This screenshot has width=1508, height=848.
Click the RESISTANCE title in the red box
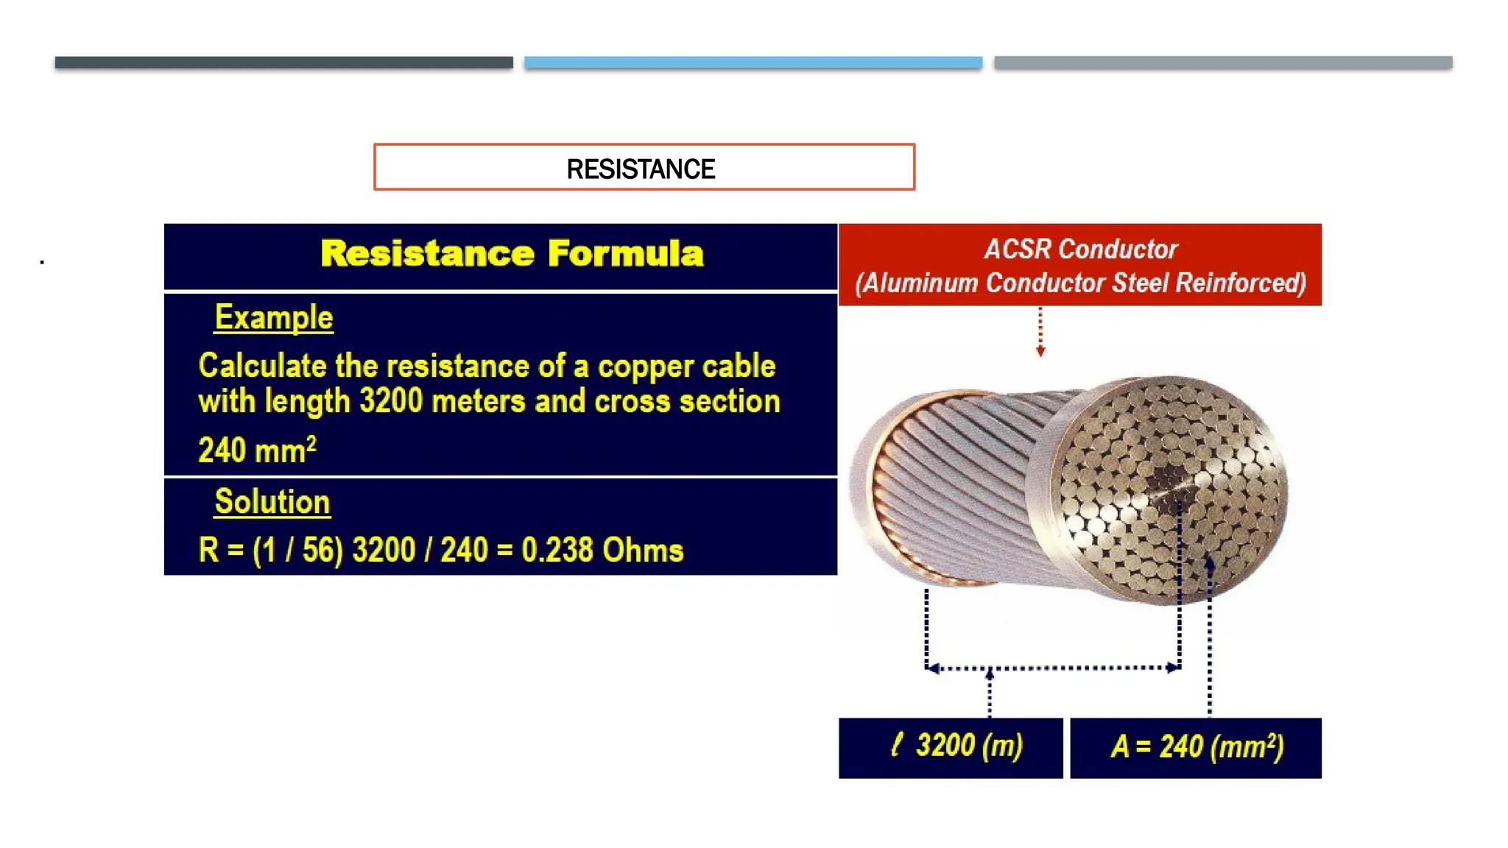[641, 169]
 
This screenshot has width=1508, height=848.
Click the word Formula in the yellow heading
[625, 254]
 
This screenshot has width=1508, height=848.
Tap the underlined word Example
[273, 318]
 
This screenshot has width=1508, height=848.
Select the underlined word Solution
[272, 502]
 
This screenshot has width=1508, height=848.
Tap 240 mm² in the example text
[257, 450]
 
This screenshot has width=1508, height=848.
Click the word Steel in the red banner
[1140, 283]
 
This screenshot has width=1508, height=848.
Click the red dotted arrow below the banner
[1040, 331]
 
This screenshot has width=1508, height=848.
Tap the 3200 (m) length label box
[951, 747]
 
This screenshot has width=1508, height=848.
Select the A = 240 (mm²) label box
[1196, 747]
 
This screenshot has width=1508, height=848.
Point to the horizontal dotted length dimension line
[1053, 668]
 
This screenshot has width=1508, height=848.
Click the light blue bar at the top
[753, 63]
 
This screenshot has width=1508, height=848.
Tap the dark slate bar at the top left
[283, 63]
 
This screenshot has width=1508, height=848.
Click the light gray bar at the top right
[1223, 63]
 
